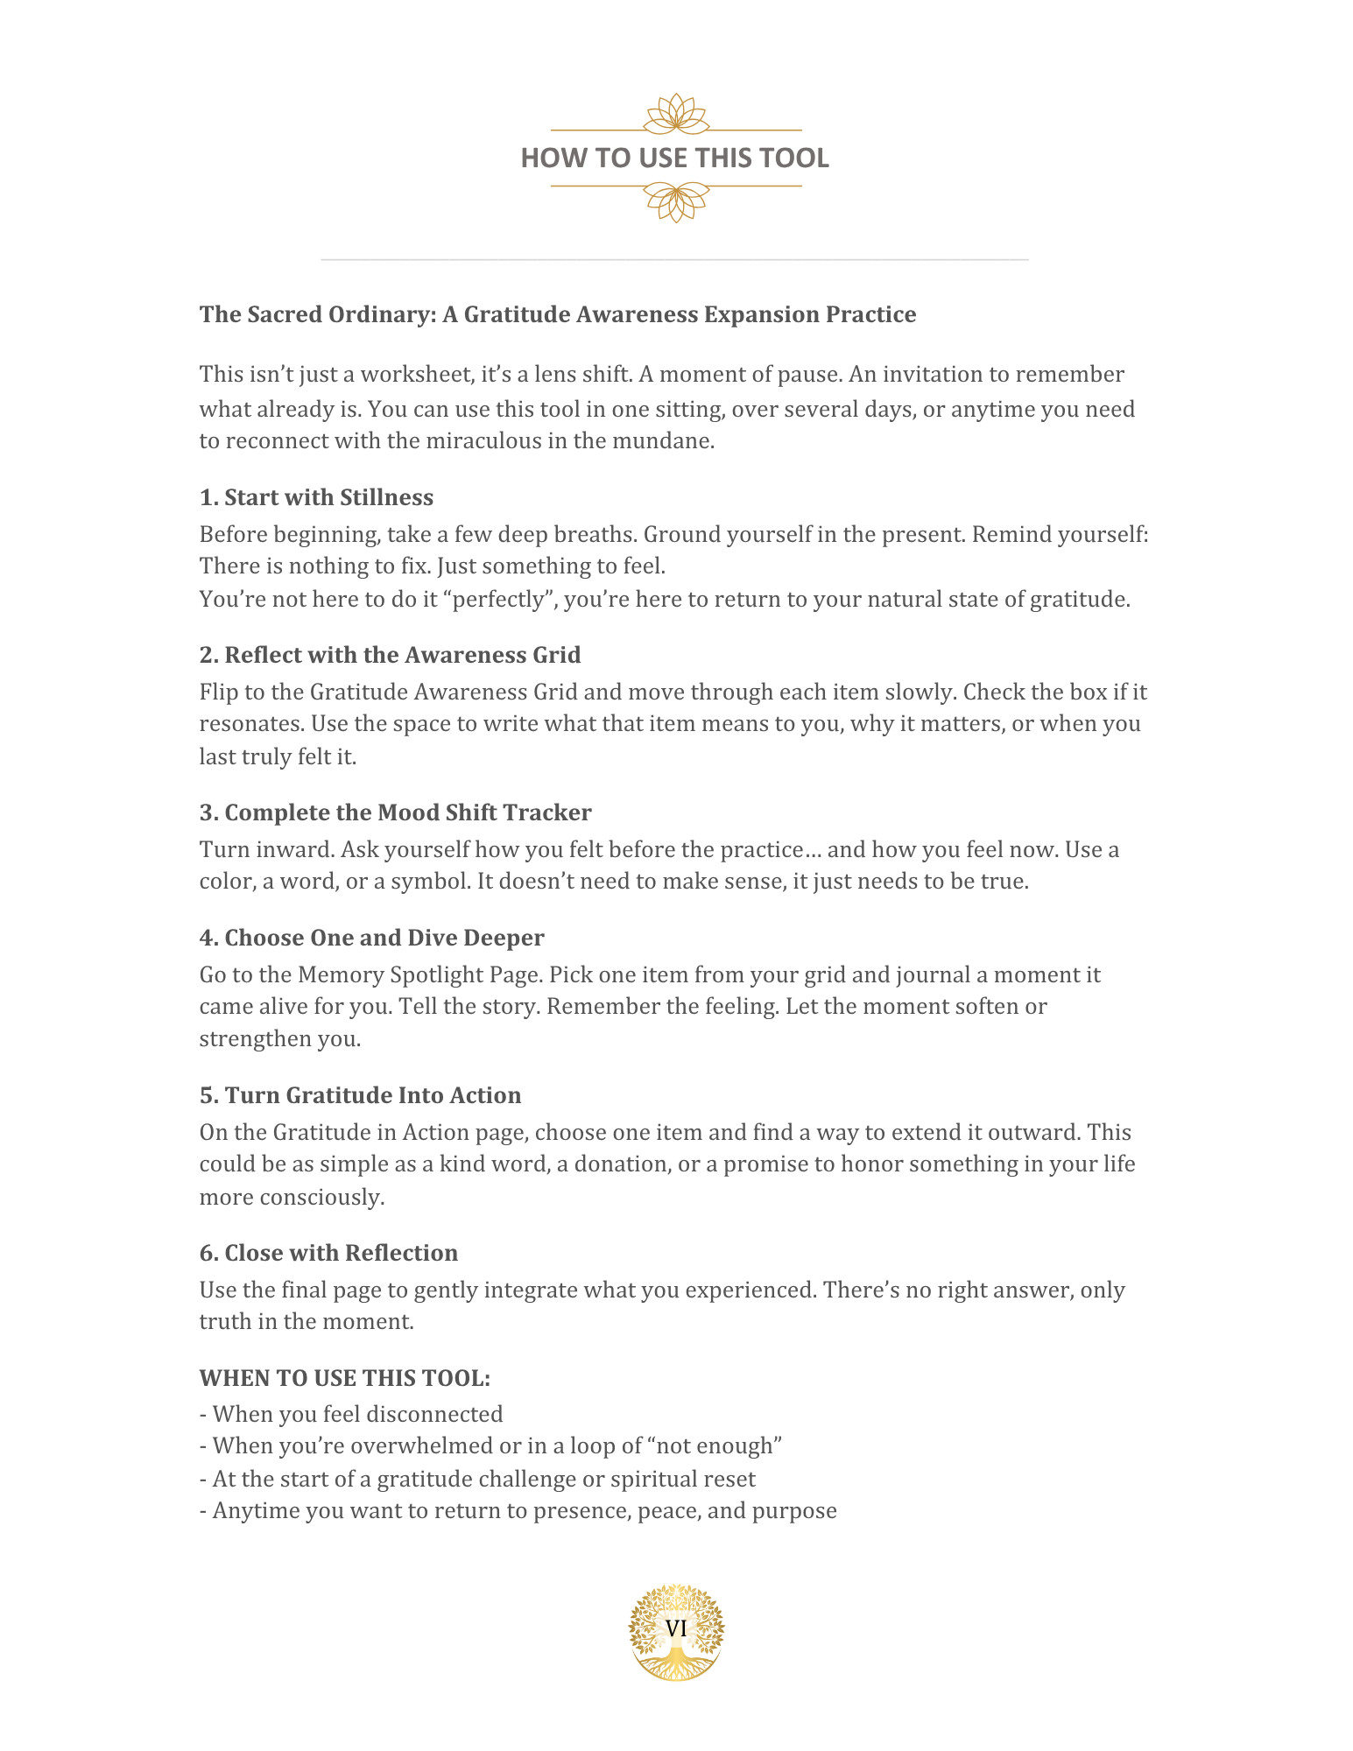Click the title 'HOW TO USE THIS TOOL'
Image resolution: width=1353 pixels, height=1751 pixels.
(674, 158)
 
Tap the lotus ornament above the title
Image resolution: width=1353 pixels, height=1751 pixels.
(676, 115)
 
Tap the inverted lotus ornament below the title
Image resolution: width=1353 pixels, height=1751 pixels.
(676, 201)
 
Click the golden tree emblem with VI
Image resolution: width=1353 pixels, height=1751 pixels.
(676, 1631)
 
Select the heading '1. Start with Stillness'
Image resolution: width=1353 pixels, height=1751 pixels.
(316, 497)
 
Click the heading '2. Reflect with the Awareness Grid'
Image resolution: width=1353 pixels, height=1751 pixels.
(390, 655)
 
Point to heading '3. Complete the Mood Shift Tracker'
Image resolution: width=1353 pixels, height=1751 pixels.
(395, 812)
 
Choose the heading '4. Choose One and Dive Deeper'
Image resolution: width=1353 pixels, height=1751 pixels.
(371, 938)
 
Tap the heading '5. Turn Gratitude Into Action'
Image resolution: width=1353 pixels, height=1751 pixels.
(360, 1095)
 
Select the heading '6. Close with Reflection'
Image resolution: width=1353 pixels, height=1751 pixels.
(328, 1253)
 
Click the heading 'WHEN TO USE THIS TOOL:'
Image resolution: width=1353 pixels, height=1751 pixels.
(344, 1378)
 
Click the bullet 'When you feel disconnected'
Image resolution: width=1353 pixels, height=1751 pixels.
(351, 1414)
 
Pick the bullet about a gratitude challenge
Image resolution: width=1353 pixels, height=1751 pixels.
(477, 1479)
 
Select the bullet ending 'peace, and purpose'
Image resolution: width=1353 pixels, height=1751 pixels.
(518, 1510)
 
